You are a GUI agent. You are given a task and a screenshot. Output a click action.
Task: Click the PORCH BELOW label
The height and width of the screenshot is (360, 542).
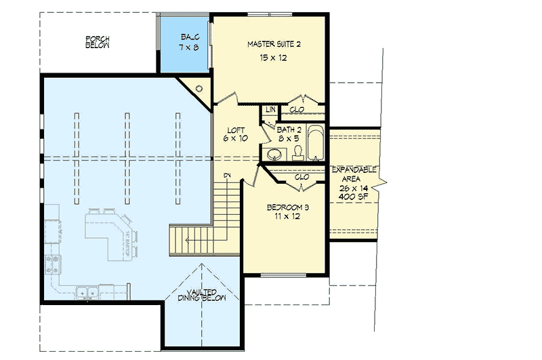97,41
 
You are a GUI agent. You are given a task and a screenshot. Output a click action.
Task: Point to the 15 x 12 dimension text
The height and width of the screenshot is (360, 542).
273,59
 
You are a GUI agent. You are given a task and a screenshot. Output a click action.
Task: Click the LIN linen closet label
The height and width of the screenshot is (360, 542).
270,109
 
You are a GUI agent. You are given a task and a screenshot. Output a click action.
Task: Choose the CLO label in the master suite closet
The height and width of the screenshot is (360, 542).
297,109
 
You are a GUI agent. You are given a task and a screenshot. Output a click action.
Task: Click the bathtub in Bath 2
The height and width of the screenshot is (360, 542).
314,143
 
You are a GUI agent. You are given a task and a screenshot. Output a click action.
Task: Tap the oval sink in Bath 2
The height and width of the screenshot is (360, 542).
274,154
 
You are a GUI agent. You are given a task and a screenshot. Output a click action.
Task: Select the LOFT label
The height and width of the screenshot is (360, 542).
235,129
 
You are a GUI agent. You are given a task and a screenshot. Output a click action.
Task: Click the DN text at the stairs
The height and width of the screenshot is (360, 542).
228,176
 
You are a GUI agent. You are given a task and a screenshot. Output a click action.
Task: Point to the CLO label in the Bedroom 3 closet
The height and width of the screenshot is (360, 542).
301,177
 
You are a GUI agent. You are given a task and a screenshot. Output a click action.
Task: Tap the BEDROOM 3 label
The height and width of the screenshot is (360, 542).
283,207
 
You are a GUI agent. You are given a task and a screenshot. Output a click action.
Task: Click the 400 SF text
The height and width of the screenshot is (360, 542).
353,196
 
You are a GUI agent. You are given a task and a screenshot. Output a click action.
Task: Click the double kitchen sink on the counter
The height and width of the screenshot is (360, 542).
86,293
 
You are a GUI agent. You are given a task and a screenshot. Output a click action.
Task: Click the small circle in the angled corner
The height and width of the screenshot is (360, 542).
199,88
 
